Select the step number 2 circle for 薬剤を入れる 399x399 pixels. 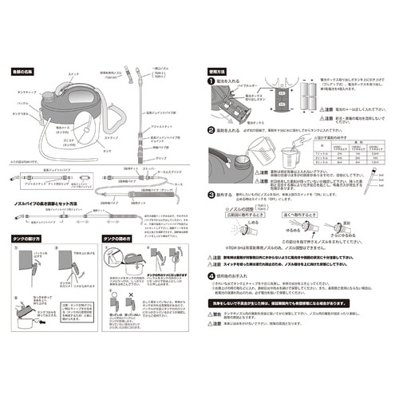tap(211, 128)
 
